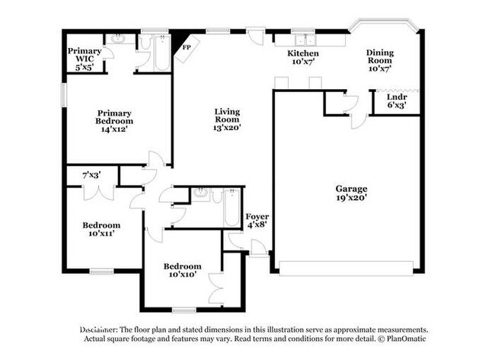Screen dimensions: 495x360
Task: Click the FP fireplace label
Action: [187, 47]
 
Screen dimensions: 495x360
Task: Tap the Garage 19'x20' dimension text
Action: [351, 198]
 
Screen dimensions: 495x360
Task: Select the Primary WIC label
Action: [85, 55]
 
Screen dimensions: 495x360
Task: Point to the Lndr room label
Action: [397, 97]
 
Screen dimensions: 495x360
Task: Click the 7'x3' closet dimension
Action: [91, 175]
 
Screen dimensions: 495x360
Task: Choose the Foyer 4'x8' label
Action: [257, 221]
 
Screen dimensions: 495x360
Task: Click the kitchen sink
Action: [305, 40]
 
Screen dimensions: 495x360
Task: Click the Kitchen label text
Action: [303, 53]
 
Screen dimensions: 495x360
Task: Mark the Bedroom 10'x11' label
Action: [101, 229]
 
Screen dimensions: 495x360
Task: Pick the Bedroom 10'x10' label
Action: [183, 270]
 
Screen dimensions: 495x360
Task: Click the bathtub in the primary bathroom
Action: [163, 53]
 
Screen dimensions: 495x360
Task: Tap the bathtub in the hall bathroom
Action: [232, 208]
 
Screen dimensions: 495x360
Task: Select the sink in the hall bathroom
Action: [201, 193]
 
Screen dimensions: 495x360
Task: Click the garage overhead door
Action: [346, 268]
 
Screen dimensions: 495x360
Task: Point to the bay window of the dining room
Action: [384, 24]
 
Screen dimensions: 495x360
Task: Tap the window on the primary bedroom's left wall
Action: [64, 94]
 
